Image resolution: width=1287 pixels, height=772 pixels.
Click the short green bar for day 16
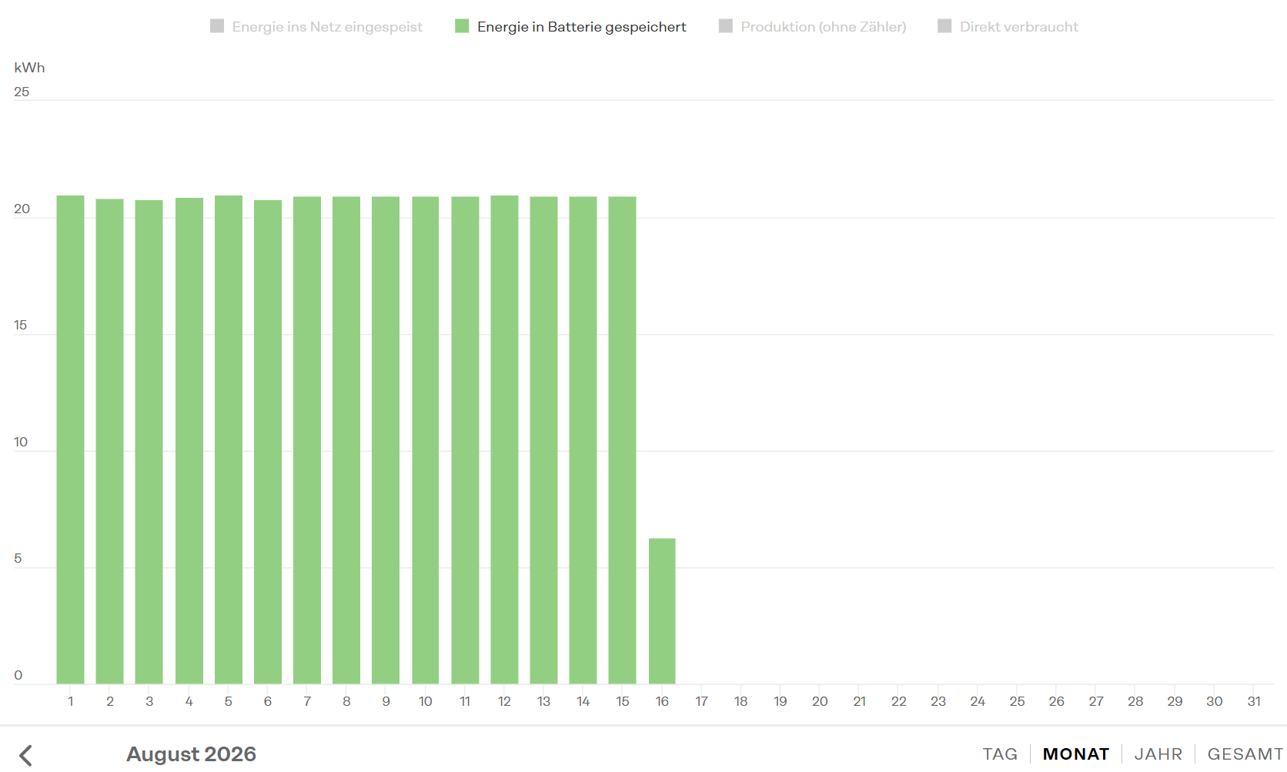[x=662, y=611]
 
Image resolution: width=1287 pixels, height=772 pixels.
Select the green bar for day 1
[x=70, y=440]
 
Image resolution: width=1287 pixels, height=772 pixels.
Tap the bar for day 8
[x=346, y=440]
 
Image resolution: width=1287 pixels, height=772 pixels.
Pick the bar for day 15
[x=622, y=440]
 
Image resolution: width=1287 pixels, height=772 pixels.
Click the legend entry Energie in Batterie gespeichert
[x=570, y=26]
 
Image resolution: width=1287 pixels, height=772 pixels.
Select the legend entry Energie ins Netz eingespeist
[x=316, y=26]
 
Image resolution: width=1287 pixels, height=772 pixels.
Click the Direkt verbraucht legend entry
[x=1008, y=26]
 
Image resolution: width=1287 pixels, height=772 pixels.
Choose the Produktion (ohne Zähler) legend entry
[x=813, y=26]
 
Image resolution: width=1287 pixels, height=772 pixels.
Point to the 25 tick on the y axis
[x=22, y=92]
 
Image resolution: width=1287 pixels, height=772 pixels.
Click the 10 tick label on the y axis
[x=21, y=442]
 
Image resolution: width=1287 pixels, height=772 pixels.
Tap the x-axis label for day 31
[x=1254, y=701]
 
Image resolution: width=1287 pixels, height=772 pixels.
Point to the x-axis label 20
[x=820, y=701]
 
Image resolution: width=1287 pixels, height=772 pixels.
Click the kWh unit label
[x=29, y=68]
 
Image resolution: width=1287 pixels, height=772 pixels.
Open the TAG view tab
[x=1001, y=754]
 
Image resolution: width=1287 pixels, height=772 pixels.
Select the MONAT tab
[x=1076, y=754]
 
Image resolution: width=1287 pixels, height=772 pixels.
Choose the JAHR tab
[x=1158, y=754]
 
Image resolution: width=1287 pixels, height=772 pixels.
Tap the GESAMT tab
[x=1245, y=754]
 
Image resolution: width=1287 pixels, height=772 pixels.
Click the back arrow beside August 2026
[x=26, y=755]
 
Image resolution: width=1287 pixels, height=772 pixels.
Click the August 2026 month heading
[x=192, y=754]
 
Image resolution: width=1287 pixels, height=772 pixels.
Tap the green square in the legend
[x=462, y=26]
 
